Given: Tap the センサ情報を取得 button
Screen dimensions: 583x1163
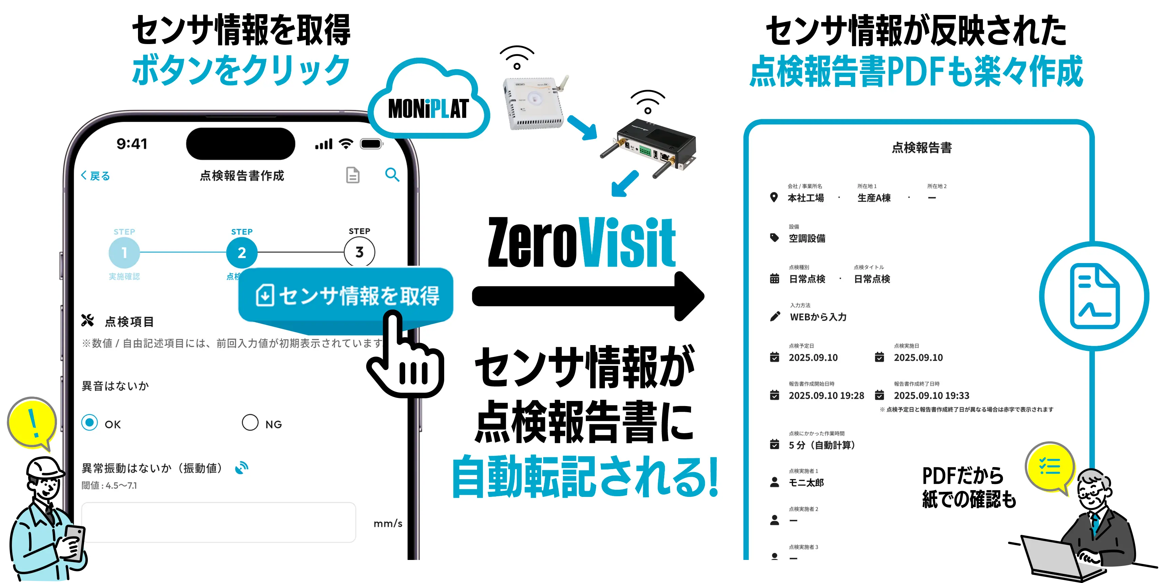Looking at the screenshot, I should pyautogui.click(x=346, y=296).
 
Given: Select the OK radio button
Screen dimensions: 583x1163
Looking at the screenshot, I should pyautogui.click(x=90, y=423).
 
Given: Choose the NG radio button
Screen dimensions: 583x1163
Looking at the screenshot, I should pyautogui.click(x=250, y=423).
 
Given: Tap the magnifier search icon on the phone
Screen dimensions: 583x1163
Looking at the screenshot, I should pyautogui.click(x=392, y=175).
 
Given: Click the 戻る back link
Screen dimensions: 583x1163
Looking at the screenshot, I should pyautogui.click(x=95, y=176).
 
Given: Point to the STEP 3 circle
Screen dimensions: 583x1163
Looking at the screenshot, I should pyautogui.click(x=359, y=252).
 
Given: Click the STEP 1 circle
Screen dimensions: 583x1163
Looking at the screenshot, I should pyautogui.click(x=124, y=252).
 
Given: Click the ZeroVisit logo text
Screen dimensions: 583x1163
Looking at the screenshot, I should pyautogui.click(x=581, y=243).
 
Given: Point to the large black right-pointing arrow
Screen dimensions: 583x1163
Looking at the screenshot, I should pyautogui.click(x=587, y=297).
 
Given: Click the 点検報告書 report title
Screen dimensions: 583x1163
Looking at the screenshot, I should pyautogui.click(x=922, y=147).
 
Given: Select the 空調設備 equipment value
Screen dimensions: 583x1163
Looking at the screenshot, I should pyautogui.click(x=807, y=238).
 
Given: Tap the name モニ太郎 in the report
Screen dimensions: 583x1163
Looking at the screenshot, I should pyautogui.click(x=806, y=483).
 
